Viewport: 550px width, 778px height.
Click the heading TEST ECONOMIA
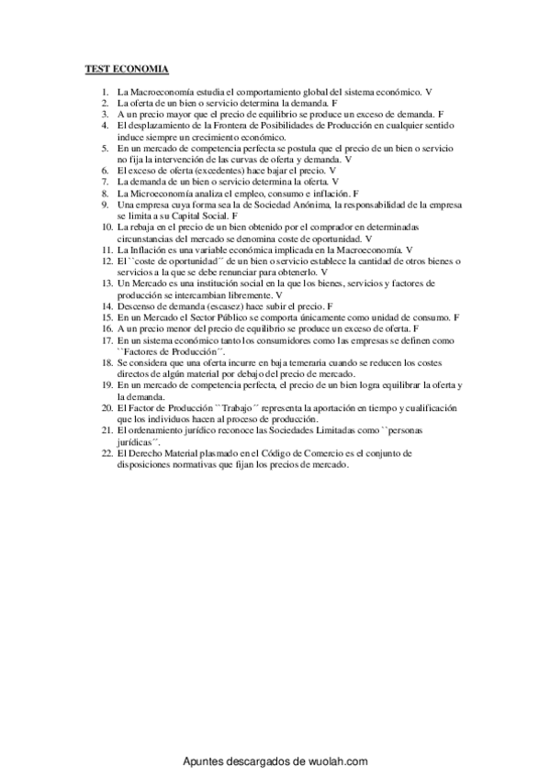point(121,69)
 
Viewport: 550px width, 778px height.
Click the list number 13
point(107,286)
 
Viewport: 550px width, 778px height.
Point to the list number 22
point(107,453)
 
